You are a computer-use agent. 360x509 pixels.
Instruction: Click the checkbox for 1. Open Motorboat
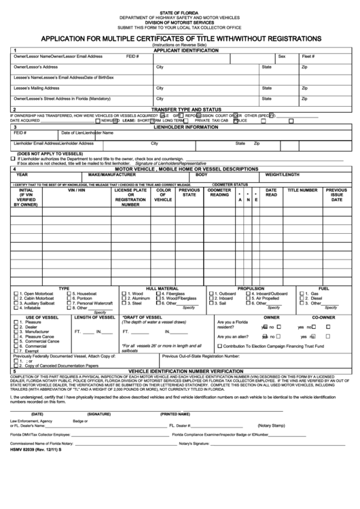pos(16,294)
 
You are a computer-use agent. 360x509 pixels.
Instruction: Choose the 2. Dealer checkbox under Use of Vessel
pos(16,326)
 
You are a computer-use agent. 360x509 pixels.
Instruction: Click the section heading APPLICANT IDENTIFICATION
pos(181,50)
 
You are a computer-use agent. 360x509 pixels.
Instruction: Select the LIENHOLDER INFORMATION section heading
pos(181,126)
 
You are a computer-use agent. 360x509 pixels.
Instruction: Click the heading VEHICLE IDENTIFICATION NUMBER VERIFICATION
pos(181,371)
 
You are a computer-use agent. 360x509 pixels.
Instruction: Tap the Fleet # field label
pos(308,56)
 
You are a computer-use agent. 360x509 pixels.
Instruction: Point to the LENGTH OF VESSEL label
pos(94,317)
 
